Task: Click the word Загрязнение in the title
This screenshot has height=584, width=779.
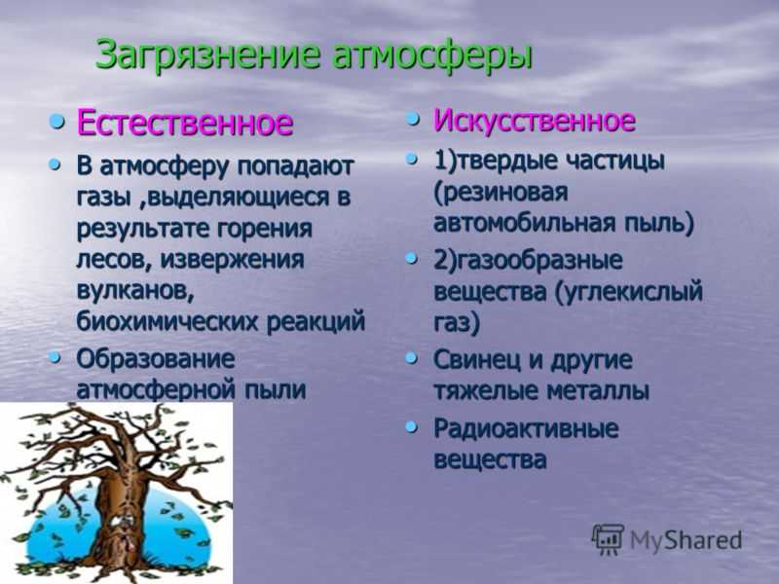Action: [x=206, y=54]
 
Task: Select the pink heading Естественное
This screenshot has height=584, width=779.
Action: [x=184, y=123]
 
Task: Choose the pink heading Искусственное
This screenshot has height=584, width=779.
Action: [x=534, y=120]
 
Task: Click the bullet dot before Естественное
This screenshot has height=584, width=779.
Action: [x=56, y=120]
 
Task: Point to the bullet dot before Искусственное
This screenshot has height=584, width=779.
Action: [x=412, y=119]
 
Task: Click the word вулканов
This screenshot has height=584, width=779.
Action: [x=135, y=290]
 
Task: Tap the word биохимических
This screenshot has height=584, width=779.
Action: [x=167, y=322]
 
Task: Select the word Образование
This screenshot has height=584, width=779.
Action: [x=156, y=358]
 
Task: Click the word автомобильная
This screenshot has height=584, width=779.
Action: [x=523, y=222]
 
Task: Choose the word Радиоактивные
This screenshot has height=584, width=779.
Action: [x=526, y=428]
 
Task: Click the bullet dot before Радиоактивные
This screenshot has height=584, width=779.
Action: [x=411, y=426]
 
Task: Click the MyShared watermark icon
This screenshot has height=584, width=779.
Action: [x=607, y=539]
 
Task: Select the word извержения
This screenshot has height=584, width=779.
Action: [x=232, y=260]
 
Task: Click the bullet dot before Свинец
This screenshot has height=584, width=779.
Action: [x=411, y=358]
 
